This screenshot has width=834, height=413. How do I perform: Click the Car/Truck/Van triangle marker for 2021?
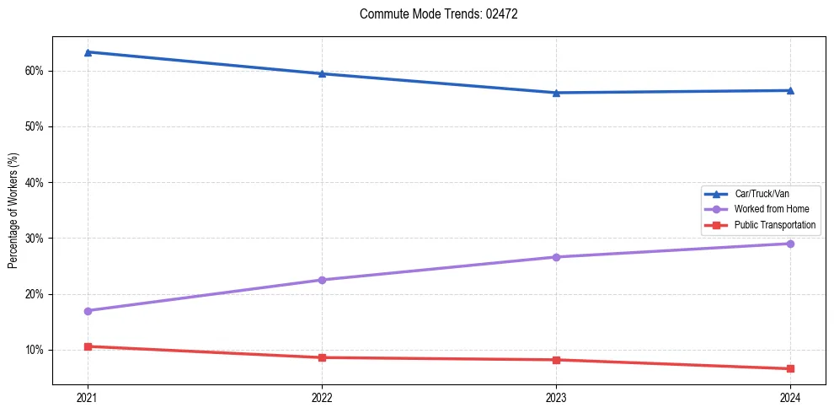click(x=88, y=52)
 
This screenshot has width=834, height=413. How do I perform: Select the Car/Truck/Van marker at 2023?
click(x=556, y=93)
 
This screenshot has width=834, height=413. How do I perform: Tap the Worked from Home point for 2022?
click(x=322, y=280)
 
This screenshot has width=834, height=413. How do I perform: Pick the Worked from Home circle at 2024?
click(x=790, y=244)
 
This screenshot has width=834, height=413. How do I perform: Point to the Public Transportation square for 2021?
click(x=88, y=346)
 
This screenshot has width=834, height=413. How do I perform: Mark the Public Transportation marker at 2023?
click(x=556, y=360)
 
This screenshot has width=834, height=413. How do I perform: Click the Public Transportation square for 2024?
click(x=790, y=368)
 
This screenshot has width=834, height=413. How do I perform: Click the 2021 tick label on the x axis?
click(x=88, y=397)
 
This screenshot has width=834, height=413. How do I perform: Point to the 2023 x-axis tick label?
click(x=556, y=397)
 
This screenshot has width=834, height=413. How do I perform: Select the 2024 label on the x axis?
click(x=790, y=397)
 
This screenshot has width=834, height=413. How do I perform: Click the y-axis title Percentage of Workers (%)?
click(x=13, y=211)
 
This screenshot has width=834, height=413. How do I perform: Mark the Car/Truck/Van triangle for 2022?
click(x=322, y=73)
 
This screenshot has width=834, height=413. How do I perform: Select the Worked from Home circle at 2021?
click(x=88, y=311)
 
